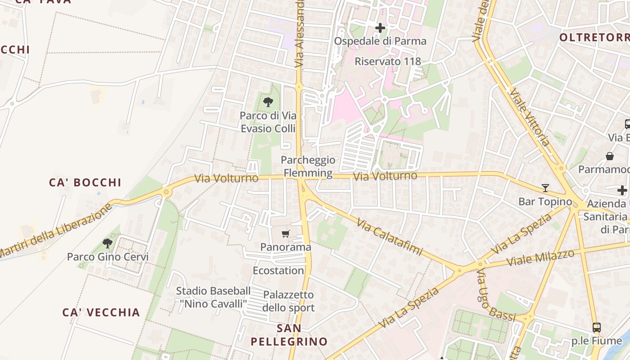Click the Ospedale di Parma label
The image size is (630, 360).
pos(380,41)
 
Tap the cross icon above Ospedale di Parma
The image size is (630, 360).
pos(380,28)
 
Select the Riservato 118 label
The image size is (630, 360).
pos(387,61)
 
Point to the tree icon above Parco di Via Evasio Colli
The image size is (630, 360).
pos(268,102)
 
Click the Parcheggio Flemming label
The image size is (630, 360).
pos(309,166)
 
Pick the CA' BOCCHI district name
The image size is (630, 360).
pos(85,182)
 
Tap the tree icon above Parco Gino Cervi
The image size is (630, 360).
pos(108,243)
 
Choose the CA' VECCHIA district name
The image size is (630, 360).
pos(101,312)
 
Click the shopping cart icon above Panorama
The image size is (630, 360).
pos(285,234)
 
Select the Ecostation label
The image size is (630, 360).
pos(278,270)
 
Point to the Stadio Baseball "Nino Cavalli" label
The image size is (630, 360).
pos(213,297)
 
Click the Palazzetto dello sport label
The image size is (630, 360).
pos(288,301)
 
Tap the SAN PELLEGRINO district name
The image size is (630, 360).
pos(289,335)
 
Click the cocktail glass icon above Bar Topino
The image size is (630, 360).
pos(545,188)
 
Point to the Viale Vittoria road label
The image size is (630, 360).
pos(530,117)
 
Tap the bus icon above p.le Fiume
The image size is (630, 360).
pos(596,328)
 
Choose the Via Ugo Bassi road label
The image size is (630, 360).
pos(495,296)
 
